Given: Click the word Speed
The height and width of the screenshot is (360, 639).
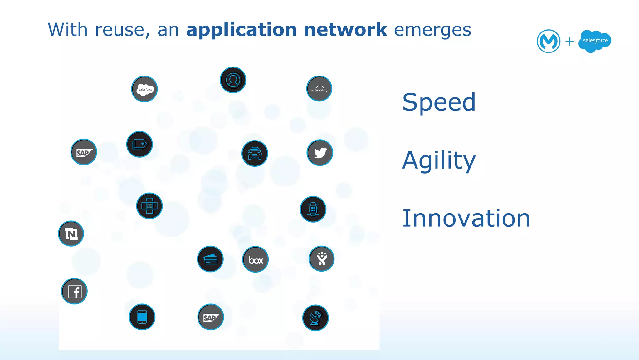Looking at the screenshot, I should pyautogui.click(x=439, y=102).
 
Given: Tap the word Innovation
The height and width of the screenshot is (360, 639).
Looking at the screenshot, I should pyautogui.click(x=466, y=218).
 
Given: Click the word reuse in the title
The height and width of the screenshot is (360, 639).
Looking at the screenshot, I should pyautogui.click(x=120, y=30).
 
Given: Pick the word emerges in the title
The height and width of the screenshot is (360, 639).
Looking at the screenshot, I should pyautogui.click(x=432, y=31).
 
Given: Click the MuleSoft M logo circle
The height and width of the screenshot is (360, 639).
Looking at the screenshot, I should pyautogui.click(x=549, y=41).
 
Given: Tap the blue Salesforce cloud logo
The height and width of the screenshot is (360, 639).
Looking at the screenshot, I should pyautogui.click(x=595, y=41).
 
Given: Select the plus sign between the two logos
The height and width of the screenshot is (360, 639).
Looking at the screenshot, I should pyautogui.click(x=569, y=41).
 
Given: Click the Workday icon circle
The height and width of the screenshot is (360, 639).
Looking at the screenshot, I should pyautogui.click(x=319, y=89).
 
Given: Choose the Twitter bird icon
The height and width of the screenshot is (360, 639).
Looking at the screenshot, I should pyautogui.click(x=320, y=153).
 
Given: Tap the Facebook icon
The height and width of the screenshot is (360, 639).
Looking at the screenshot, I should pyautogui.click(x=74, y=291).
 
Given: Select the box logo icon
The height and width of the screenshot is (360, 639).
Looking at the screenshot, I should pyautogui.click(x=256, y=259).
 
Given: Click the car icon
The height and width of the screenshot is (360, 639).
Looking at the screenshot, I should pyautogui.click(x=255, y=153).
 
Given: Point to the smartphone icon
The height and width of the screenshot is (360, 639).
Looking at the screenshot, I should pyautogui.click(x=142, y=317).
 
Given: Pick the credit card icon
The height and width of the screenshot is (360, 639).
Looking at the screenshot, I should pyautogui.click(x=210, y=259).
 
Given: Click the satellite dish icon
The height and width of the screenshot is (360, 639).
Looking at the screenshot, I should pyautogui.click(x=315, y=318).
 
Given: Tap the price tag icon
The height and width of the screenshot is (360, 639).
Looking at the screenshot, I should pyautogui.click(x=139, y=144).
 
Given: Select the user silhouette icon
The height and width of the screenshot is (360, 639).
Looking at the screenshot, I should pyautogui.click(x=233, y=80).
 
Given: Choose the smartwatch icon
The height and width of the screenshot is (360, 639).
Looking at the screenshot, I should pyautogui.click(x=313, y=209).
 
